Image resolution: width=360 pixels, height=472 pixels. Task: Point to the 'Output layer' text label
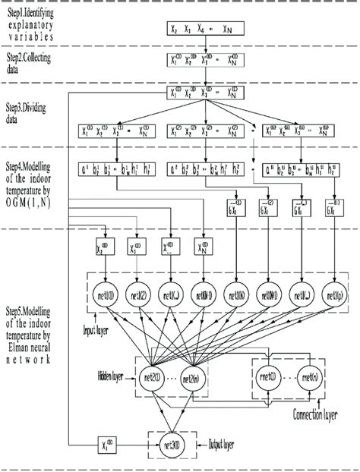point(226,442)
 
